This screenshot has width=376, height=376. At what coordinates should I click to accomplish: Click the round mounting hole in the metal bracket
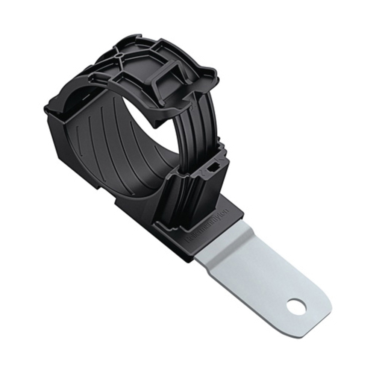[x=296, y=307]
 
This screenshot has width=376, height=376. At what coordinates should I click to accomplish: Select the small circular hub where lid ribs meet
[x=120, y=55]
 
